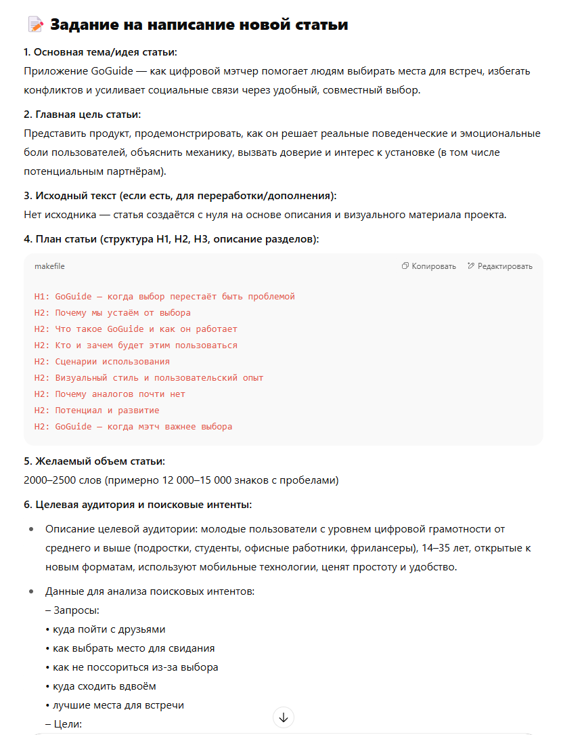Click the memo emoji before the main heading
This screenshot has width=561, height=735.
point(35,25)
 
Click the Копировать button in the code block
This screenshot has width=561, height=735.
point(429,266)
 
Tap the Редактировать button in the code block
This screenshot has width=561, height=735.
point(500,266)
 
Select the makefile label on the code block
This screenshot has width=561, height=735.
point(49,266)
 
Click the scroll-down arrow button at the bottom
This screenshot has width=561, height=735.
point(284,717)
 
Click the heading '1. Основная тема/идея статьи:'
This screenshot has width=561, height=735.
point(100,52)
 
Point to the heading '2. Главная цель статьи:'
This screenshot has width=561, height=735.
point(82,114)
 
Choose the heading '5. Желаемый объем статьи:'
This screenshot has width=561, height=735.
point(94,461)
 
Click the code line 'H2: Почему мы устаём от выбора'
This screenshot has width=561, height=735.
point(112,313)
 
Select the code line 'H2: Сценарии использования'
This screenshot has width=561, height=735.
point(102,362)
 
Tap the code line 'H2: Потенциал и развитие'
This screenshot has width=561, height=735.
point(97,411)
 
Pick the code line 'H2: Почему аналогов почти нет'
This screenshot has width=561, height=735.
point(110,394)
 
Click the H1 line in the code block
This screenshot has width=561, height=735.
point(164,297)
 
